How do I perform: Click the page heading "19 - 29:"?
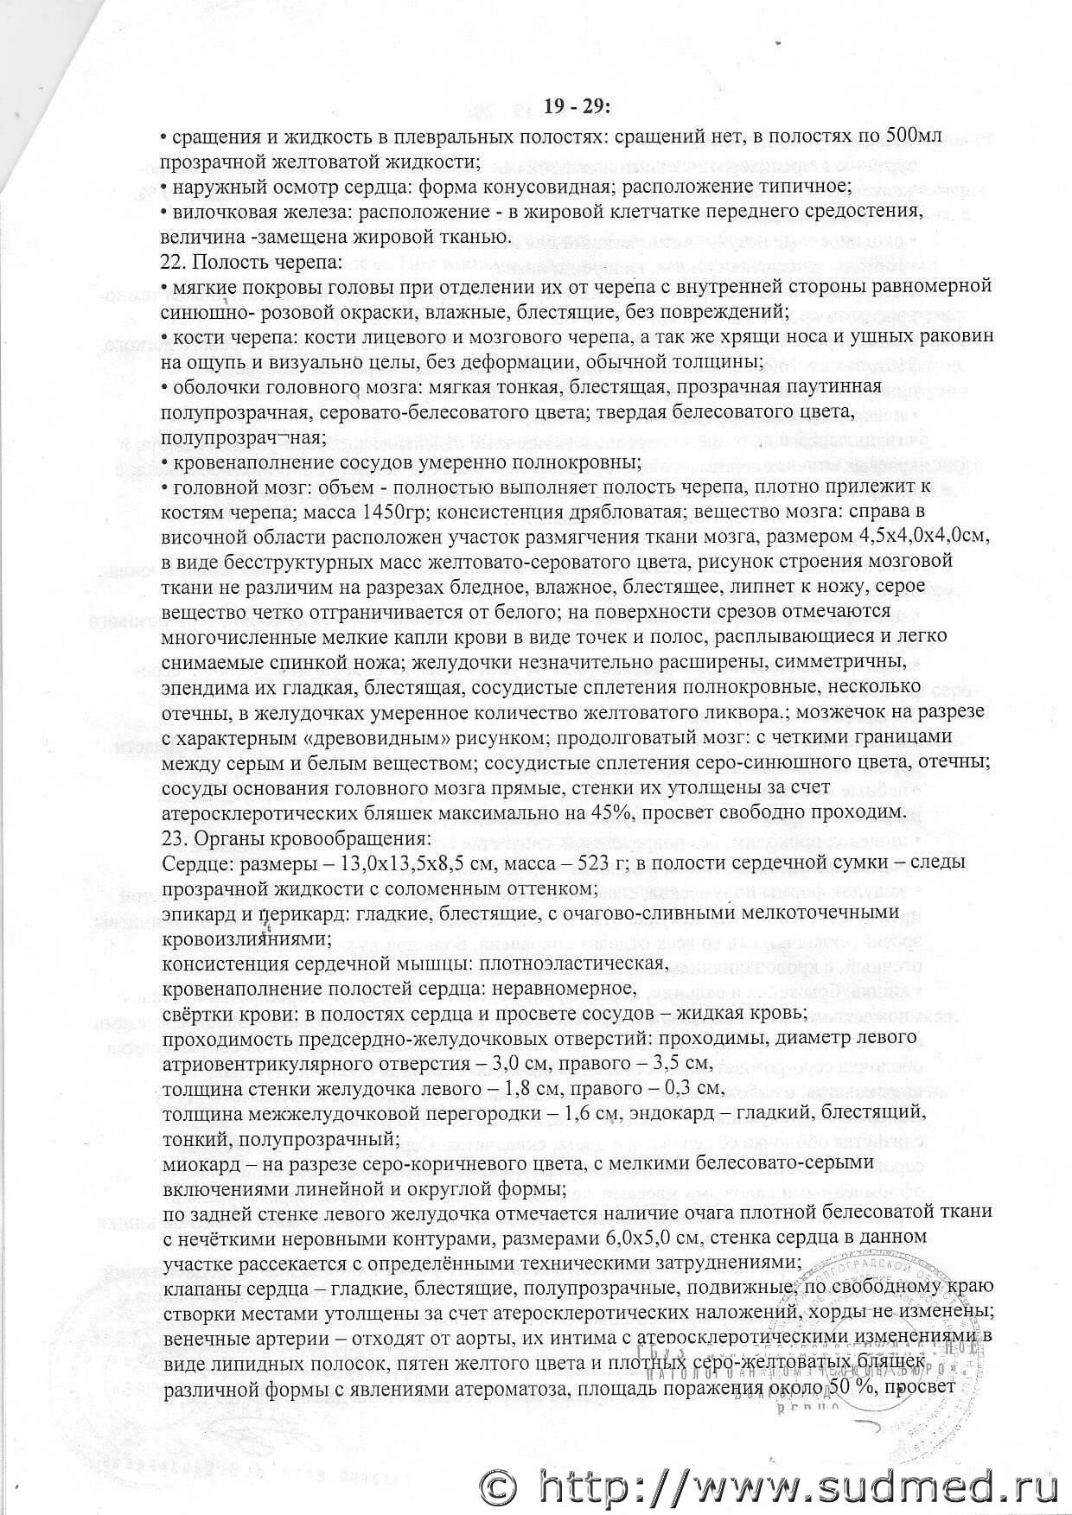tap(578, 106)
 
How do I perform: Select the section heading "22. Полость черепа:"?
tap(253, 261)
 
